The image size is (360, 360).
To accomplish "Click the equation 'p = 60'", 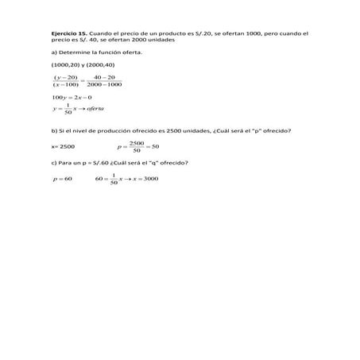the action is [62, 179].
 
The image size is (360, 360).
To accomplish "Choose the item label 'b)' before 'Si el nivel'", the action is [53, 130].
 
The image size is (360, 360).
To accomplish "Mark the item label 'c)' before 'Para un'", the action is [53, 162].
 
